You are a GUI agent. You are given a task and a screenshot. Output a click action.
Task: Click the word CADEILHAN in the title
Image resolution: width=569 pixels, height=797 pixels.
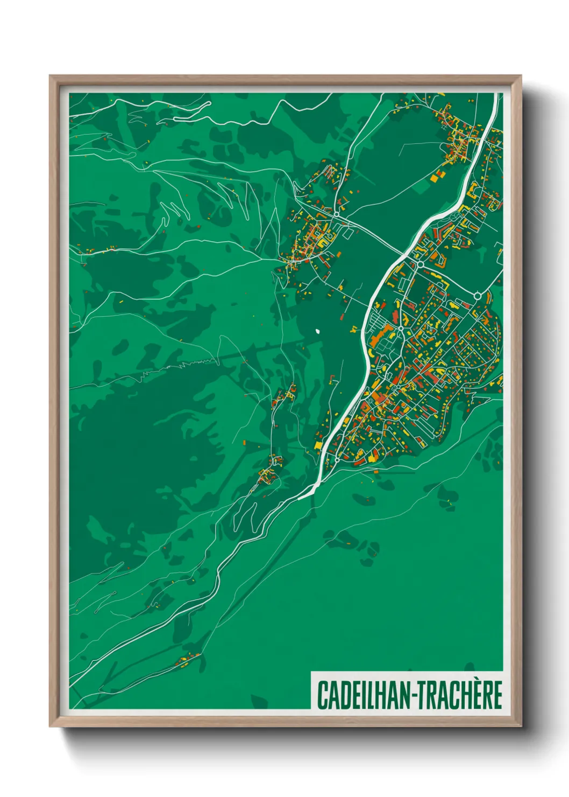click(x=363, y=695)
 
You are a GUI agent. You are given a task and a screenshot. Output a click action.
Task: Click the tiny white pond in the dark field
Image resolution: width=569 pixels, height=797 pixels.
click(x=318, y=331)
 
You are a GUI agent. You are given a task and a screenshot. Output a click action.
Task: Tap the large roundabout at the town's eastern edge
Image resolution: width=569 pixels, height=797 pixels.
click(x=477, y=295)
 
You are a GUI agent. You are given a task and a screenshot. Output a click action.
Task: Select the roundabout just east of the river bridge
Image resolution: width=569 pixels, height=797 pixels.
click(x=420, y=264)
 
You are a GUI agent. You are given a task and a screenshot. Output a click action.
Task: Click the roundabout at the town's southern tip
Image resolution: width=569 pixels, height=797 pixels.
click(x=337, y=459)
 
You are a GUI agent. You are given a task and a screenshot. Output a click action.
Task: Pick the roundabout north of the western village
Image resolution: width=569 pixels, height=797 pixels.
click(x=336, y=214)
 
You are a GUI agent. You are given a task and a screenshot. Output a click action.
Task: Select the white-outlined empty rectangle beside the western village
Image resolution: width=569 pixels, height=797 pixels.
click(x=347, y=234)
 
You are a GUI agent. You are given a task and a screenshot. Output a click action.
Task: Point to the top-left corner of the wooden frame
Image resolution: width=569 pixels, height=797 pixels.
click(x=50, y=76)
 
